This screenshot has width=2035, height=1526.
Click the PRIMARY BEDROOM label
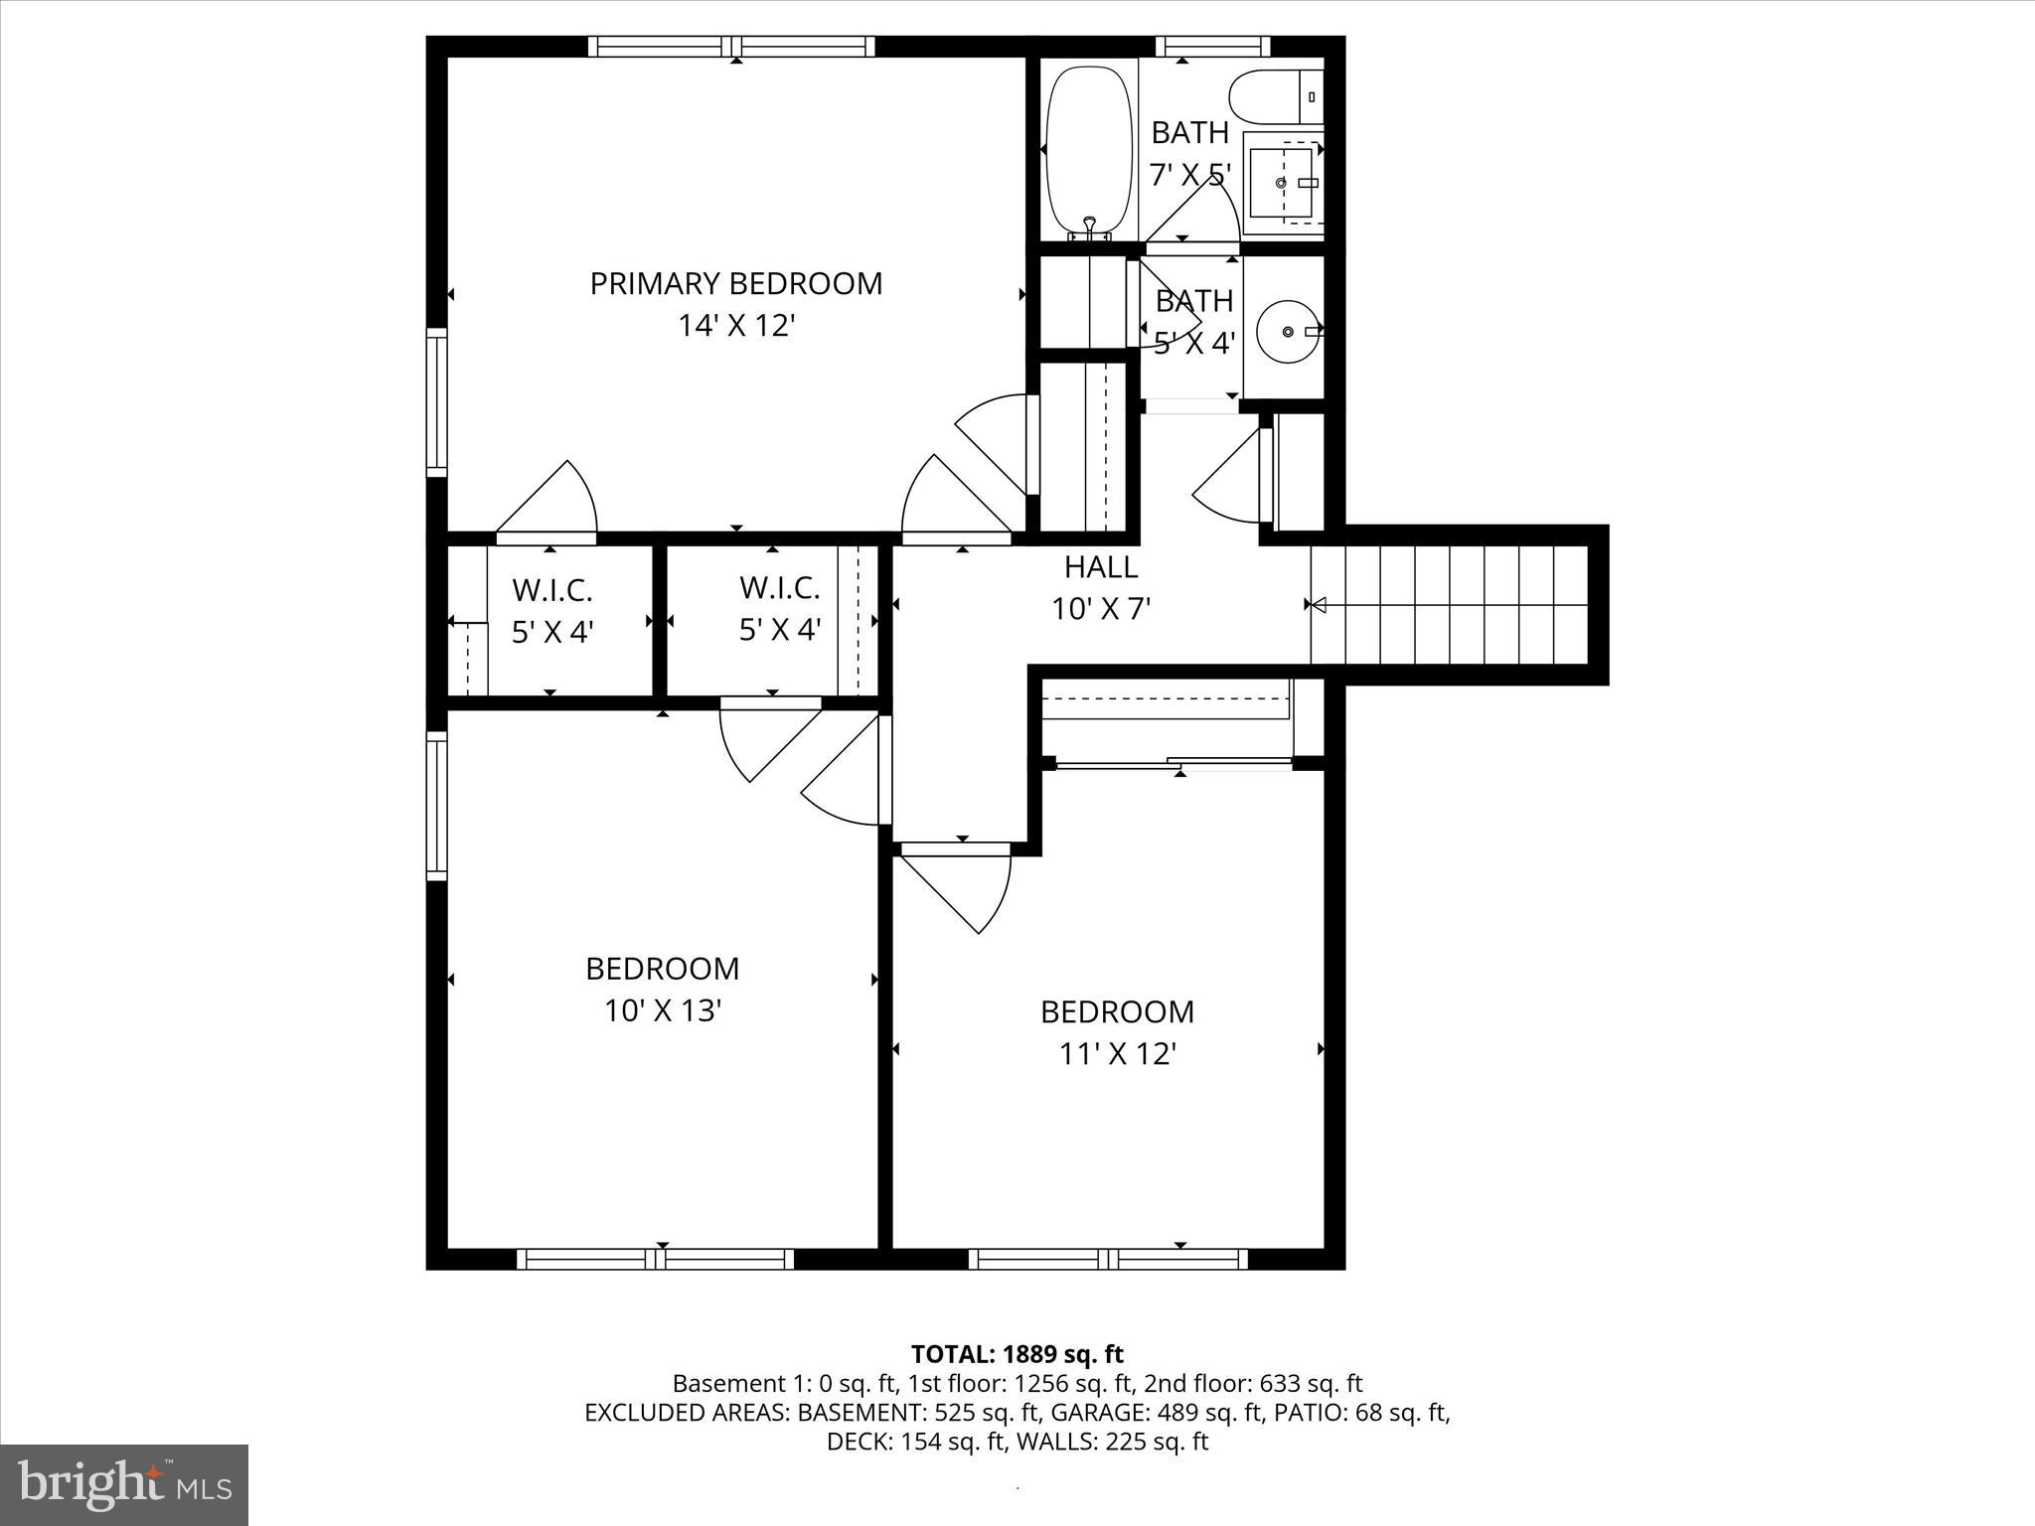(735, 284)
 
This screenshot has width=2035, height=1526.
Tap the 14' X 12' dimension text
(736, 326)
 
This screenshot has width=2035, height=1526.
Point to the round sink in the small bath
(1288, 331)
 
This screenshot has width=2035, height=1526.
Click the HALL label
(1101, 567)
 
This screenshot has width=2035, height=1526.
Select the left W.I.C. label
(552, 590)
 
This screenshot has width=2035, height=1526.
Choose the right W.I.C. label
(779, 588)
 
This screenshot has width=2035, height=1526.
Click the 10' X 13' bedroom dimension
(662, 1011)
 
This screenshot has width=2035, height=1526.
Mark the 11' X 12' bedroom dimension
(1117, 1054)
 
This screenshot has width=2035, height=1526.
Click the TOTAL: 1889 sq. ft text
(1017, 1354)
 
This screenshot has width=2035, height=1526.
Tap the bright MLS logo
(123, 1484)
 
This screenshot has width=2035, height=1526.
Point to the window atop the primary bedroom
(731, 46)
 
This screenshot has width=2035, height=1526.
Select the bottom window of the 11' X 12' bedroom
(1108, 1259)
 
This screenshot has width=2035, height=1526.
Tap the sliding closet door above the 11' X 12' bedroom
(1173, 764)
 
